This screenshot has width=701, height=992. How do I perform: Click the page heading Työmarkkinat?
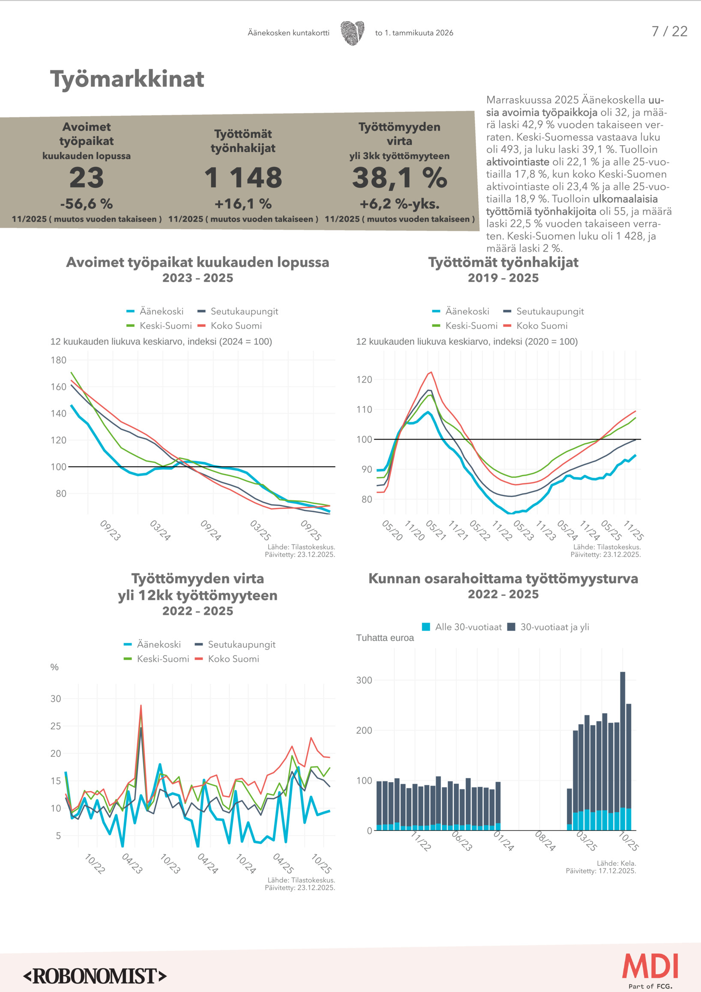coord(127,79)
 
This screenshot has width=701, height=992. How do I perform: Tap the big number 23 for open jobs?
coord(87,177)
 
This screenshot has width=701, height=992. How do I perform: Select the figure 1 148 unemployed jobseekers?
coord(243,177)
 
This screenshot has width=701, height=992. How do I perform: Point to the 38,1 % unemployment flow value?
coord(399,177)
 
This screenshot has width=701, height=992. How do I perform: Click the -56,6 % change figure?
coord(87,204)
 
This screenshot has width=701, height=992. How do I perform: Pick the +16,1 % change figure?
coord(243,204)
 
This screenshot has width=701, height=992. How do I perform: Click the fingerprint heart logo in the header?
coord(352,33)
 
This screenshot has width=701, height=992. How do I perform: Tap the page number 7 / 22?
coord(669,32)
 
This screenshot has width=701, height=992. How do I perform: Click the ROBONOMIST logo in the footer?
coord(95,976)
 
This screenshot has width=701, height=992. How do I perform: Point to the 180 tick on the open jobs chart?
coord(59,360)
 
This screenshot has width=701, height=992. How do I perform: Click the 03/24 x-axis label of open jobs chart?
coord(160,530)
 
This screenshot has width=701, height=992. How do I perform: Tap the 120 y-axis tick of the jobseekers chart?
coord(364,379)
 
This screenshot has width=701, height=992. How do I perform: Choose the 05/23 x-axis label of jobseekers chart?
coord(523,530)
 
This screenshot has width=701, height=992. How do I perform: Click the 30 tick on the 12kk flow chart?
coord(56,698)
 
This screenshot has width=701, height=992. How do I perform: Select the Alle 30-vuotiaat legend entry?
coord(462,627)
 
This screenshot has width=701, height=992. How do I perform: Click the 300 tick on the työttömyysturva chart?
coord(364,680)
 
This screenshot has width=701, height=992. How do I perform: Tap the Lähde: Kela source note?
coord(616,863)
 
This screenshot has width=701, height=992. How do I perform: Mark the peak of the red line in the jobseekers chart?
coord(431,372)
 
